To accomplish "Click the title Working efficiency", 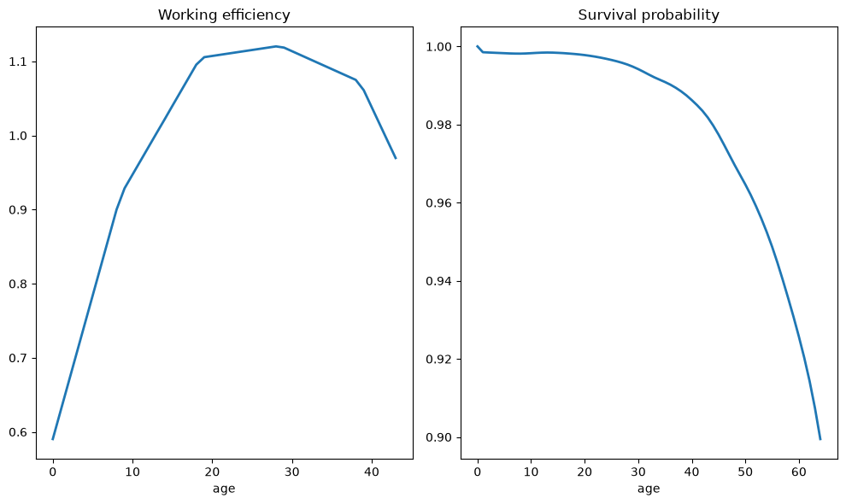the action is click(224, 15).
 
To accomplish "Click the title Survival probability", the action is click(649, 15).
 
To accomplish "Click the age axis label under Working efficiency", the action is click(224, 489).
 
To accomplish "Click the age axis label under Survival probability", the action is click(649, 489).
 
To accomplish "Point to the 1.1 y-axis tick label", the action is click(18, 62).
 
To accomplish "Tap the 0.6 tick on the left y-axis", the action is click(18, 433).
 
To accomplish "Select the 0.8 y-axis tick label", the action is click(18, 284).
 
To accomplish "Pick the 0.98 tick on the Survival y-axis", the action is click(439, 126).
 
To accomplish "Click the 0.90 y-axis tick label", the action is click(439, 437).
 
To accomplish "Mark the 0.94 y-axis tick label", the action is click(439, 282).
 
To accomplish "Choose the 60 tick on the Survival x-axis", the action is click(798, 472).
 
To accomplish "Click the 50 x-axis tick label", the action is click(745, 472).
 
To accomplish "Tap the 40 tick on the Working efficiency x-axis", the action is click(372, 472).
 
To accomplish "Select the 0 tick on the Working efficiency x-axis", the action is click(53, 472).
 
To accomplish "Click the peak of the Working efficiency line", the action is click(276, 46).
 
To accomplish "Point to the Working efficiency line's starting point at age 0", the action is click(53, 439).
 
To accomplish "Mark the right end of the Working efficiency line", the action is click(396, 158).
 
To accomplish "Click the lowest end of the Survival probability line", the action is click(820, 439).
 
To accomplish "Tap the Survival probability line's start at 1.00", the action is click(478, 46).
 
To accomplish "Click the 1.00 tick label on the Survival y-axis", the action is click(439, 47).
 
